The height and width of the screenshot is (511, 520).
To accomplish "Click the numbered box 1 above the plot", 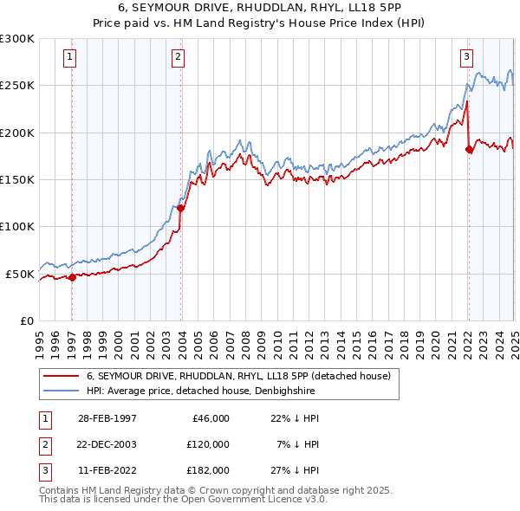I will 69,58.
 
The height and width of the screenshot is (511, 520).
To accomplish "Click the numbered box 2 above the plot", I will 178,58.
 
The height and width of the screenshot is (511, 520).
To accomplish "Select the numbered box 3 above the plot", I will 466,58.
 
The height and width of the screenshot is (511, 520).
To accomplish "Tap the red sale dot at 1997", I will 73,277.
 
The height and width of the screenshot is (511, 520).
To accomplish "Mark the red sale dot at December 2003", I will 181,208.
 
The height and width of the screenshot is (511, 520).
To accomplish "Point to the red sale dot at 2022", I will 469,149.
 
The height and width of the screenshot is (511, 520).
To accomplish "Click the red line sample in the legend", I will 62,376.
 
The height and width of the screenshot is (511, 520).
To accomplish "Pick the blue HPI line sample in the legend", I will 62,391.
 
